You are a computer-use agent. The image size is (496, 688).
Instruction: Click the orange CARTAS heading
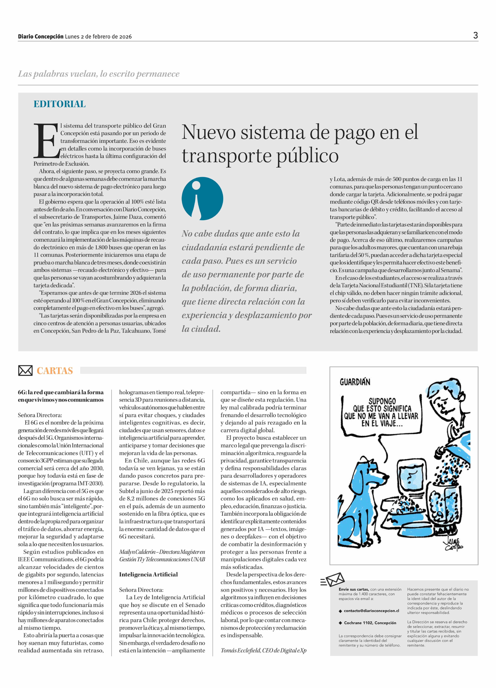pyautogui.click(x=55, y=371)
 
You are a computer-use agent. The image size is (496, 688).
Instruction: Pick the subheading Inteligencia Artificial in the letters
pyautogui.click(x=148, y=574)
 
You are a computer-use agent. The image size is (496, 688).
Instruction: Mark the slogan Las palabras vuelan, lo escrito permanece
pyautogui.click(x=99, y=74)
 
